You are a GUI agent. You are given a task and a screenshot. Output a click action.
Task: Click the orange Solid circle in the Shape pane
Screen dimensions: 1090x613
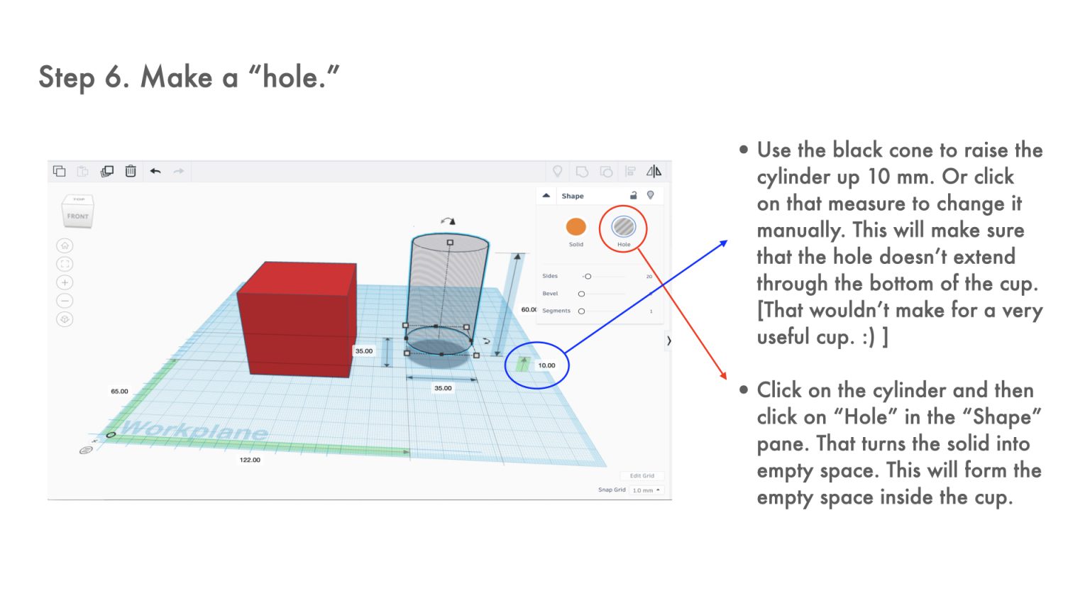tap(576, 227)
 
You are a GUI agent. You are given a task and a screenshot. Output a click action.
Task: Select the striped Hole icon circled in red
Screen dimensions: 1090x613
tap(623, 227)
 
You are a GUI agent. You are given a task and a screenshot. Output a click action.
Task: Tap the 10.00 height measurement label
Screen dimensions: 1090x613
tap(546, 365)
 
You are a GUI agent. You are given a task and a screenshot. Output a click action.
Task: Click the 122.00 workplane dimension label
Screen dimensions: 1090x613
tap(250, 460)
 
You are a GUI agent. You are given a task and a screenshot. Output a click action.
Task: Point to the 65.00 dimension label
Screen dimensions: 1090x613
tap(119, 391)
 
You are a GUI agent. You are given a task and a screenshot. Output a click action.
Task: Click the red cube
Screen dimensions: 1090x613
tap(297, 319)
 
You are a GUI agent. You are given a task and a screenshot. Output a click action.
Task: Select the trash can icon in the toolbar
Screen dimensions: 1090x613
tap(131, 171)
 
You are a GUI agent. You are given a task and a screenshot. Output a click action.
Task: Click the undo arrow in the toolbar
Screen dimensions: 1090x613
tap(155, 171)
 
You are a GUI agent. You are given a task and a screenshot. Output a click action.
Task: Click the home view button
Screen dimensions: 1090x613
tap(65, 245)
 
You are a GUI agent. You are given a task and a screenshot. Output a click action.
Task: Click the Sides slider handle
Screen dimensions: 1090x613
tap(588, 276)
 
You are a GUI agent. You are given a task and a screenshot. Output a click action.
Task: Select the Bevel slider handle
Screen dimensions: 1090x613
tap(581, 294)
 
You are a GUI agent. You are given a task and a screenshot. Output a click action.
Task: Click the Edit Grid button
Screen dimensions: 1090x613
tap(642, 476)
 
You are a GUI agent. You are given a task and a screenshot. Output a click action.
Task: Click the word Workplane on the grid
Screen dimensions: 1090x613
tap(194, 430)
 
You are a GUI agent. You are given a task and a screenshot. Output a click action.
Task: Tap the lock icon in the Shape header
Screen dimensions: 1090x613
tap(633, 196)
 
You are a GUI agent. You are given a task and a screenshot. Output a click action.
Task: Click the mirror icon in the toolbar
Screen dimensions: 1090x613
tap(654, 171)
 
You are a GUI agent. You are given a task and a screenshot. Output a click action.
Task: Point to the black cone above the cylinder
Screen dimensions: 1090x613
tap(453, 221)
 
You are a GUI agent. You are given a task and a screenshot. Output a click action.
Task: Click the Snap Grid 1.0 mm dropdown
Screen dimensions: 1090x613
tap(646, 490)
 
